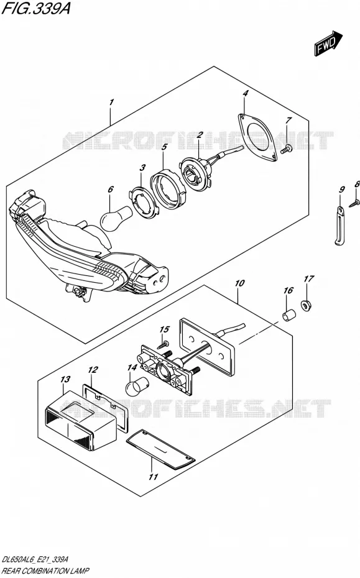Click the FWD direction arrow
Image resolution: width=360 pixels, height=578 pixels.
tap(328, 43)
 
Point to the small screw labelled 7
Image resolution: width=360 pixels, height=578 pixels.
tap(286, 149)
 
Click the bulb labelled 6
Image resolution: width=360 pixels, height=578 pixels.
tap(116, 219)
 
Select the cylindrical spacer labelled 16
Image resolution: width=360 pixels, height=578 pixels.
tap(290, 315)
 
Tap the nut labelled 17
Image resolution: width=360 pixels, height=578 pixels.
tap(305, 305)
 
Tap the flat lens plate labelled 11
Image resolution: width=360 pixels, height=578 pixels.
tap(161, 450)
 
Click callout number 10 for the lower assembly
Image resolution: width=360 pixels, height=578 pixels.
tap(240, 283)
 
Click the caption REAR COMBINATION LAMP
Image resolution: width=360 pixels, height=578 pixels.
tap(45, 571)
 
